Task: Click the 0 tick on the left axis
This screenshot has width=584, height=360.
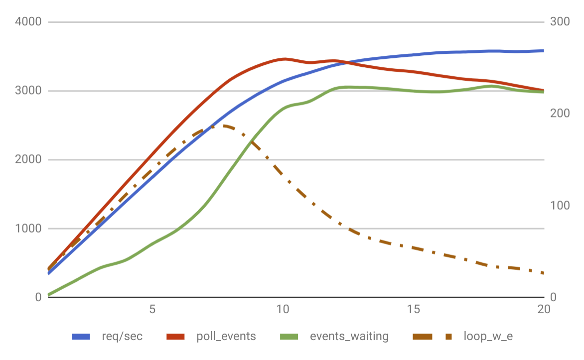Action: click(37, 297)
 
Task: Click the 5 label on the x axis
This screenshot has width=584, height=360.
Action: click(152, 309)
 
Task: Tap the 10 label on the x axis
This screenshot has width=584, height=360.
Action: click(283, 309)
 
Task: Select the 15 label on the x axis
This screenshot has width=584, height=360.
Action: click(414, 309)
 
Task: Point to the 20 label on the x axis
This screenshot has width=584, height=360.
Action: click(544, 309)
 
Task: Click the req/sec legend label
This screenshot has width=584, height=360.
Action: click(122, 337)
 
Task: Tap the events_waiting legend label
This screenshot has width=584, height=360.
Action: click(349, 337)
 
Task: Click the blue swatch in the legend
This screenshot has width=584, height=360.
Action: click(81, 337)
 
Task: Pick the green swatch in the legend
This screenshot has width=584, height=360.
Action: click(289, 337)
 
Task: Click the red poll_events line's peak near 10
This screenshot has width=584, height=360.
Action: click(285, 59)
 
